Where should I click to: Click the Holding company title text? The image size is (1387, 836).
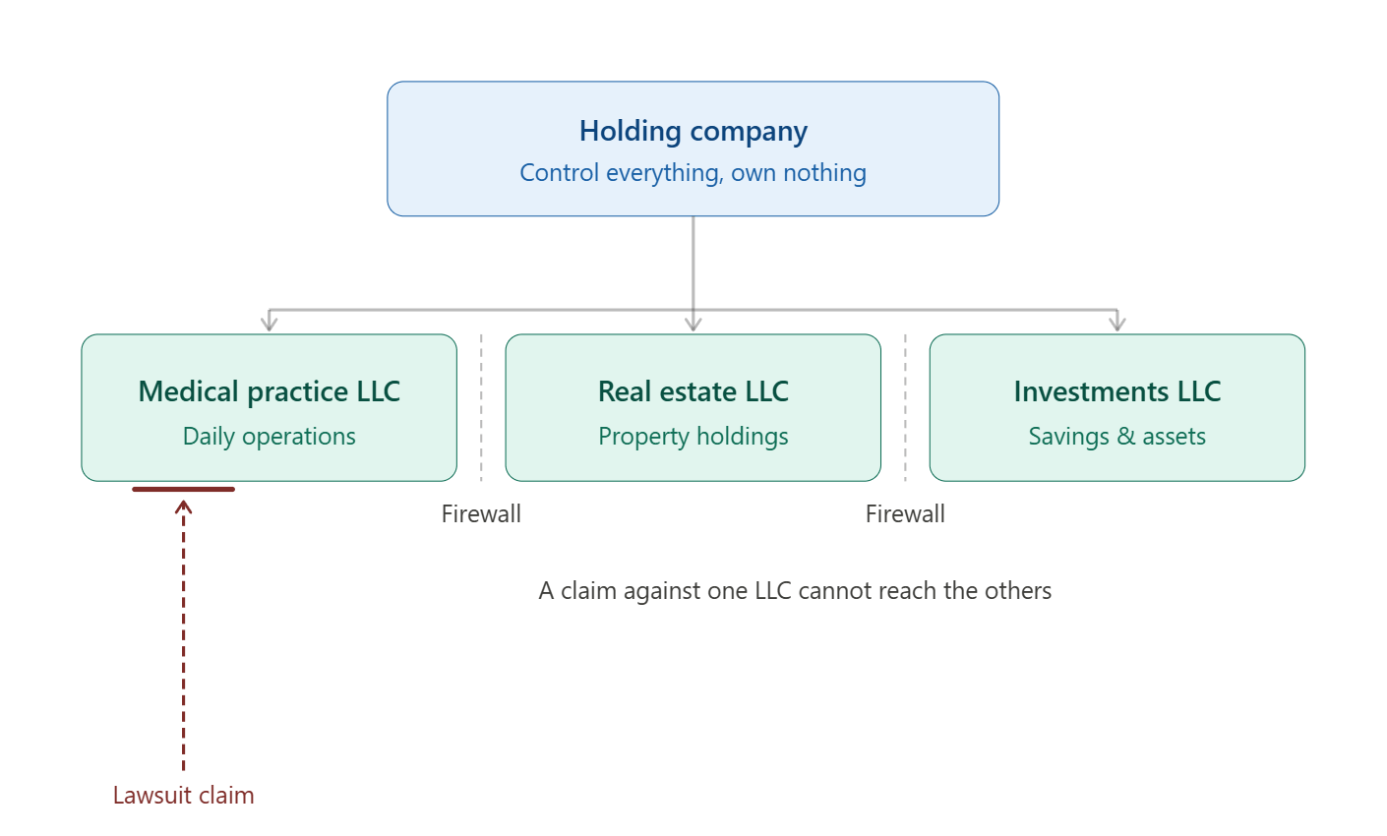coord(693,131)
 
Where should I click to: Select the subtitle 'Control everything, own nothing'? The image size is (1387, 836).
coord(693,173)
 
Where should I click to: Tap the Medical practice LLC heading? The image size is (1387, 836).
coord(269,391)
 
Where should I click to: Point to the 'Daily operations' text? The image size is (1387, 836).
coord(269,437)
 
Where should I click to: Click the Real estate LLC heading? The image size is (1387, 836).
coord(693,391)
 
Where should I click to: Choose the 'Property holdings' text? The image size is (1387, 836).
coord(693,437)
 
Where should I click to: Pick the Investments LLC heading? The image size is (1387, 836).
coord(1116,391)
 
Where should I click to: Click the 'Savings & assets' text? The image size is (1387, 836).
coord(1116,437)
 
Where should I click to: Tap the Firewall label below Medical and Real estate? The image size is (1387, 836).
coord(481,513)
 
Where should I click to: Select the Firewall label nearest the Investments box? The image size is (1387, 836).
coord(905,513)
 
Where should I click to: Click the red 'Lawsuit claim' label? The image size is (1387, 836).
coord(183,796)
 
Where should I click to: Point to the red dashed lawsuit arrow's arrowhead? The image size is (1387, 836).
coord(183,507)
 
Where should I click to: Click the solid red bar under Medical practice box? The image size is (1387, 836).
coord(183,489)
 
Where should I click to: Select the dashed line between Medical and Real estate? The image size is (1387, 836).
coord(481,408)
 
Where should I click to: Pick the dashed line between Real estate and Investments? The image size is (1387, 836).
coord(905,408)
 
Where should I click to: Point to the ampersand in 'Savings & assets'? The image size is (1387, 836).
coord(1124,437)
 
